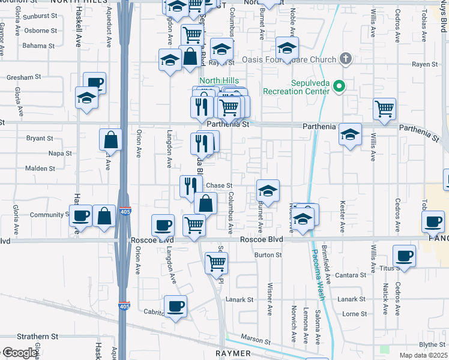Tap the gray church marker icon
pyautogui.click(x=345, y=59)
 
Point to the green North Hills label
pyautogui.click(x=219, y=81)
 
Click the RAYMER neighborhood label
pyautogui.click(x=234, y=354)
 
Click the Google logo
pyautogui.click(x=20, y=353)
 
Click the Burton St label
pyautogui.click(x=268, y=255)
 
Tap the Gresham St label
pyautogui.click(x=25, y=77)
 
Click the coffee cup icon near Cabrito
pyautogui.click(x=175, y=307)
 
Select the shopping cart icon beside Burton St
pyautogui.click(x=216, y=262)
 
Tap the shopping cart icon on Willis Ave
pyautogui.click(x=385, y=109)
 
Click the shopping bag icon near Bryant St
pyautogui.click(x=111, y=140)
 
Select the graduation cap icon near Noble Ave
pyautogui.click(x=287, y=49)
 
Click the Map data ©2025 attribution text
pyautogui.click(x=423, y=355)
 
